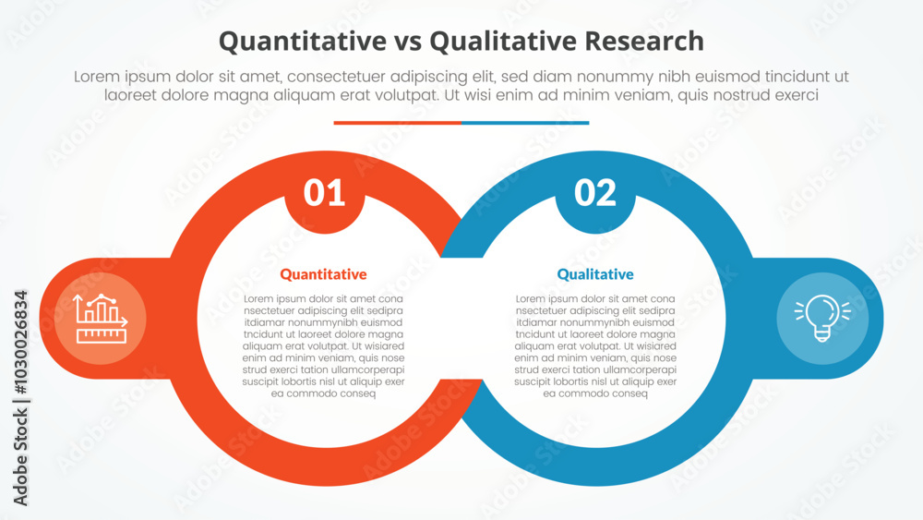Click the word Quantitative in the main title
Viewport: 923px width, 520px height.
(x=303, y=42)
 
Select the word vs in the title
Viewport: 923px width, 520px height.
(x=408, y=43)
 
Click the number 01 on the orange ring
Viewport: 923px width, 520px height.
(x=324, y=192)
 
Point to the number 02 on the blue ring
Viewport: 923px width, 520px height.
(x=595, y=192)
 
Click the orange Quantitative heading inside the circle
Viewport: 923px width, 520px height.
(x=323, y=274)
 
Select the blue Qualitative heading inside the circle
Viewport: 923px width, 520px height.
(x=595, y=274)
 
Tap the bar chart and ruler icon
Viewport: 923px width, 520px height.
(x=100, y=319)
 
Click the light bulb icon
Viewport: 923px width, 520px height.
(x=822, y=318)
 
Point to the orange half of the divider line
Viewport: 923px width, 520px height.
(x=397, y=123)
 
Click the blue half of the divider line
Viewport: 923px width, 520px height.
(x=525, y=123)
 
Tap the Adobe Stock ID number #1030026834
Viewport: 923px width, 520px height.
(x=20, y=342)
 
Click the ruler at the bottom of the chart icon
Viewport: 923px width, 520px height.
(x=102, y=336)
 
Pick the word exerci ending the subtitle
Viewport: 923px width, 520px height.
(x=797, y=95)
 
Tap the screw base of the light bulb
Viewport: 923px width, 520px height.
(x=822, y=336)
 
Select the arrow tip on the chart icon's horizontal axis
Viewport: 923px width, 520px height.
(x=126, y=322)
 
